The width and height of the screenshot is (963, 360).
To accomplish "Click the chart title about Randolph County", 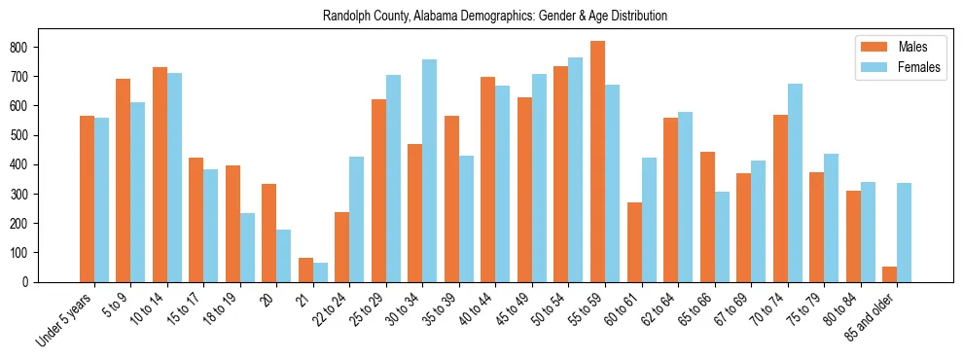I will point(495,17).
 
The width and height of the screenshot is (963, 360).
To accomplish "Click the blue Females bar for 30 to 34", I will point(430,170).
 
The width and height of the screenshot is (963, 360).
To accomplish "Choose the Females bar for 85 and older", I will point(905,233).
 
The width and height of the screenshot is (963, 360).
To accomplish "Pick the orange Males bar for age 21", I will point(305,270).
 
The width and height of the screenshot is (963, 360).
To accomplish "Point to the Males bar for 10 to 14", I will point(160,175).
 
